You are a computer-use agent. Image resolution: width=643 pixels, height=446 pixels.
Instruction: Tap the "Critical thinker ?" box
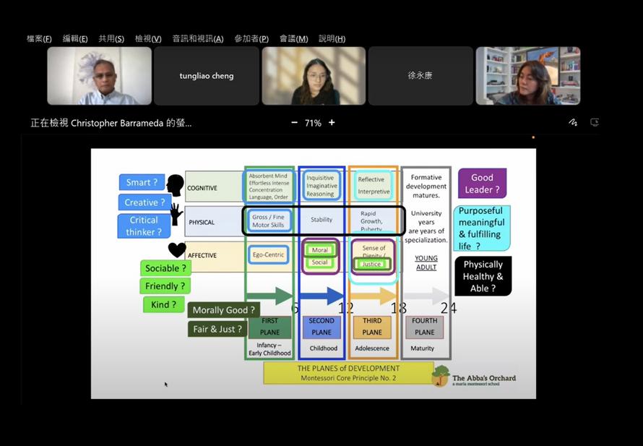coord(144,226)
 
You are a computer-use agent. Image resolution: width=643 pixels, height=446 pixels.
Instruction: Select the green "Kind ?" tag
coord(163,304)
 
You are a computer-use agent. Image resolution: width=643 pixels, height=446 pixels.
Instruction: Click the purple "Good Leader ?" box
coord(482,184)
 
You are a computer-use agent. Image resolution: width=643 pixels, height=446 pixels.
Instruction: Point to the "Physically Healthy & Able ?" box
coord(483,276)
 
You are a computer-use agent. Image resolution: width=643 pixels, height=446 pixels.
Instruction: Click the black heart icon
coord(177,250)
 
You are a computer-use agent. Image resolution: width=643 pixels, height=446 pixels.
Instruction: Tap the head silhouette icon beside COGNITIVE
coord(174,185)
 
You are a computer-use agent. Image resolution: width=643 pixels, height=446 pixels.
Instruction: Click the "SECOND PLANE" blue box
coord(321,327)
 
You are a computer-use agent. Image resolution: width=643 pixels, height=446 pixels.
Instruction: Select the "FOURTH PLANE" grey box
coord(425,327)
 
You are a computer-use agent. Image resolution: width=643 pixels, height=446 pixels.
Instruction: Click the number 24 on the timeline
coord(449,308)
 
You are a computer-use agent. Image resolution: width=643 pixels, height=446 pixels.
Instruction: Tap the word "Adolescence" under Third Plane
coord(372,348)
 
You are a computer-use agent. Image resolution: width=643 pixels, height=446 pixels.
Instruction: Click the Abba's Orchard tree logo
coord(440,375)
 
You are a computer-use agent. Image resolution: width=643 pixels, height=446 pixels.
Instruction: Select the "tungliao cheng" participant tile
coord(207,76)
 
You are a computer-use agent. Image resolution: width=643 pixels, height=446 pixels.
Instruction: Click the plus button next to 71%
coord(332,123)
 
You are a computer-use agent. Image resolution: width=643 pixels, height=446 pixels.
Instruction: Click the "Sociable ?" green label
coord(165,268)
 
